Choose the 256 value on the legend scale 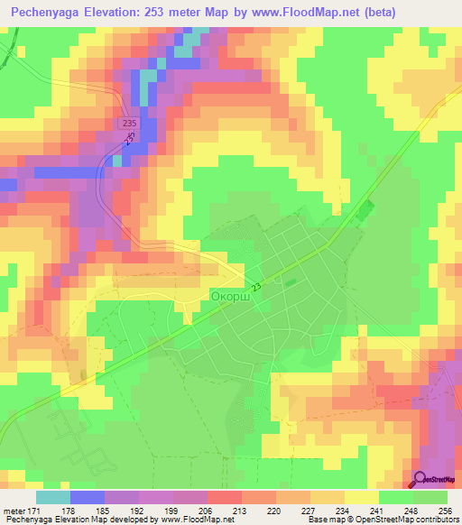pos(447,511)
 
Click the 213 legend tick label pos(242,511)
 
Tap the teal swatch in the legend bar pos(53,497)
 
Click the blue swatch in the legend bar pos(88,497)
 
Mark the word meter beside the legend pos(13,511)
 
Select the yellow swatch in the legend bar pos(362,497)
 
